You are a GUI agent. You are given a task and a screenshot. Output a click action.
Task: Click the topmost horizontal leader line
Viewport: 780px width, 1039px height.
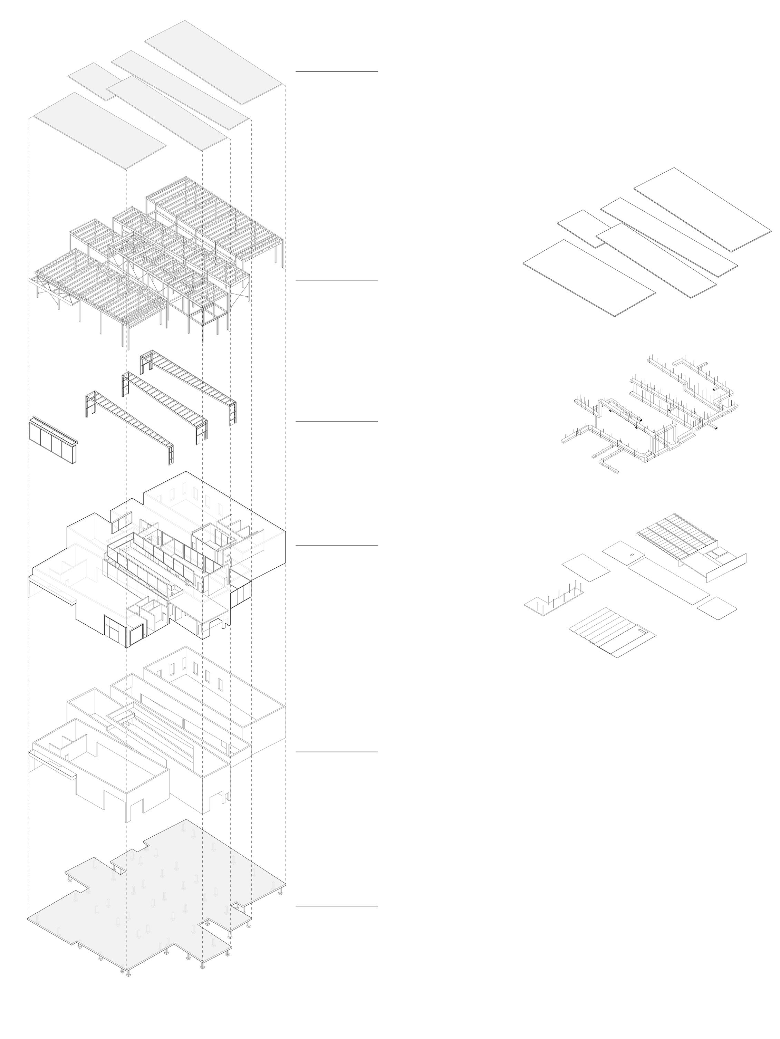click(x=336, y=72)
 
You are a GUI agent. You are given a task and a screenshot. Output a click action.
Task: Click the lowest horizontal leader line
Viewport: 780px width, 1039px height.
click(x=336, y=906)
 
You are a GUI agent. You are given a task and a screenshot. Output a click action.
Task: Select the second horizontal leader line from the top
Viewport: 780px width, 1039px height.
click(x=336, y=280)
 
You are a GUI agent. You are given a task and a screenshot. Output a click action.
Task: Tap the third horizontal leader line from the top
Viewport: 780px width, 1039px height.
click(x=336, y=421)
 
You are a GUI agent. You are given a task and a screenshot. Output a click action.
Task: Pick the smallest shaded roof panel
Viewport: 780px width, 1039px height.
click(x=94, y=81)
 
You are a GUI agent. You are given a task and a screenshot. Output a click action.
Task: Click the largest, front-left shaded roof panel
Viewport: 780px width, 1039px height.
click(x=99, y=130)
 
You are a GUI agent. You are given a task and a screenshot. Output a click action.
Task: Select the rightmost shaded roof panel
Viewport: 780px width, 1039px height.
click(x=214, y=62)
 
